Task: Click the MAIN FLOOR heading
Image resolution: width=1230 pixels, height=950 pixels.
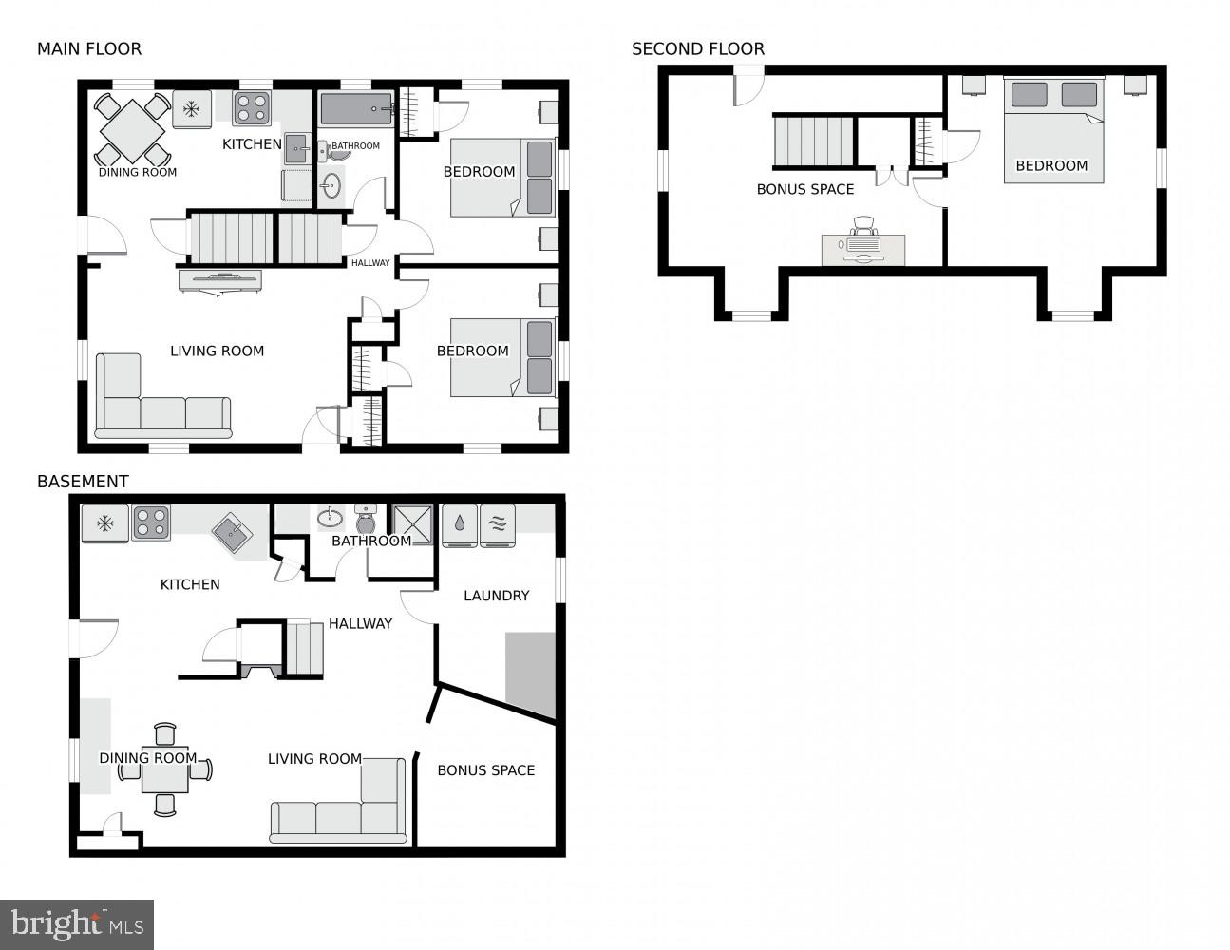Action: tap(89, 48)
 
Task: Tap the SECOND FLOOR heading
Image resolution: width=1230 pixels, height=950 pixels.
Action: tap(697, 48)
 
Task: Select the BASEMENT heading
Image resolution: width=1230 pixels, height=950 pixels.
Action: tap(83, 482)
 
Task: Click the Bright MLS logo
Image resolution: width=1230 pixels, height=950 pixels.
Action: tap(77, 923)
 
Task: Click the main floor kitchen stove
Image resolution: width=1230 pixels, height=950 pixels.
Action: tap(253, 108)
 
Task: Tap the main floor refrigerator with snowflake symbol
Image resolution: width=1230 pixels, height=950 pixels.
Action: tap(192, 109)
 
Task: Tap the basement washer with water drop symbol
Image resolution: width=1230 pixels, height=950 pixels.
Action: tap(460, 525)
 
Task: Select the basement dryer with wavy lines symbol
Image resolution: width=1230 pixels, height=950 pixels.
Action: tap(498, 525)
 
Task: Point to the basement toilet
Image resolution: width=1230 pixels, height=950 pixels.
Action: tap(366, 521)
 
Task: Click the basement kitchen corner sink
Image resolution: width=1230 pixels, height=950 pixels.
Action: tap(232, 533)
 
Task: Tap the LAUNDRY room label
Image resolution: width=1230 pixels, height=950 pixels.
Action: tap(496, 596)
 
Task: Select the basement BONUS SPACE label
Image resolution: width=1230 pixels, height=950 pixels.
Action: tap(485, 770)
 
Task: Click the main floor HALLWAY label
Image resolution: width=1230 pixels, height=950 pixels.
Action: tap(370, 263)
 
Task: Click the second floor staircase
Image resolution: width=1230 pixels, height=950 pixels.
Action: tap(813, 142)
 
